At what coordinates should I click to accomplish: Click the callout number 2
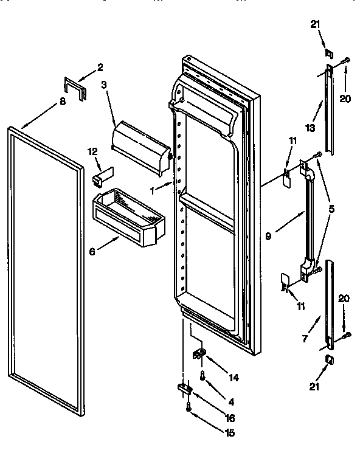tap(100, 67)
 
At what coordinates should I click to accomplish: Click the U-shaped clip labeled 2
tap(74, 87)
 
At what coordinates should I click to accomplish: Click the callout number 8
tap(62, 102)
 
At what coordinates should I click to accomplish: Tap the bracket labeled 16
tap(185, 389)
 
